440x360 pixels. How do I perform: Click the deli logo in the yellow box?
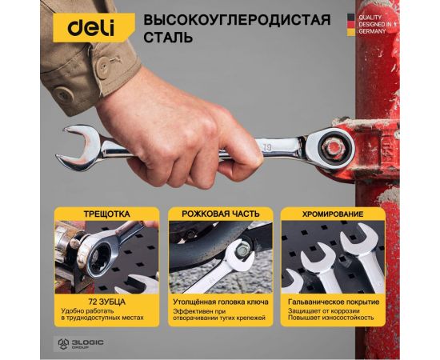point(90,27)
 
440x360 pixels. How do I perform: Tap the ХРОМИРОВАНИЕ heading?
point(331,214)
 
